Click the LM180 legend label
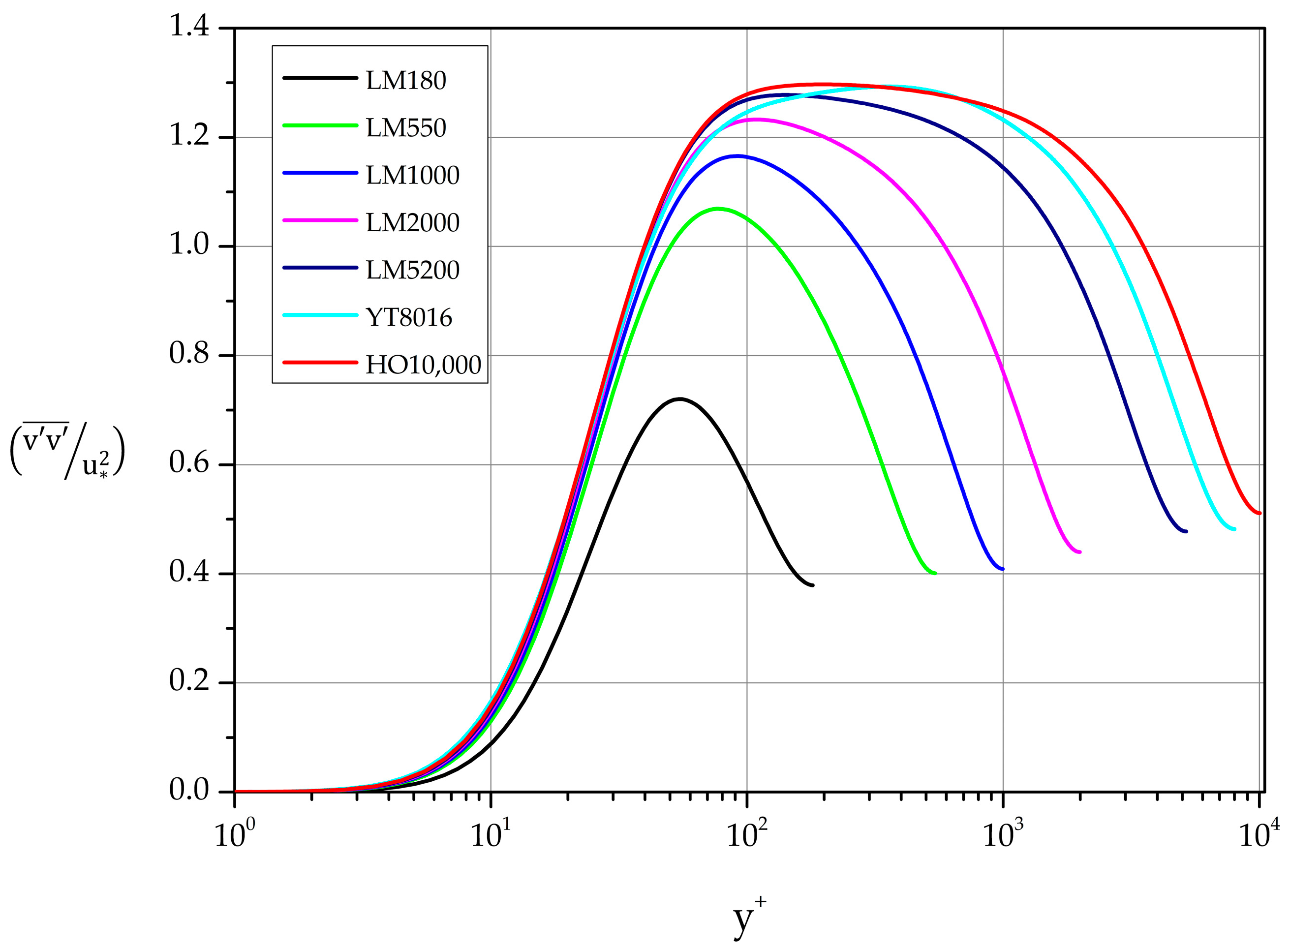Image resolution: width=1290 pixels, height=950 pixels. pos(405,81)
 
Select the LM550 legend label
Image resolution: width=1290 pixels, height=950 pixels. pos(405,127)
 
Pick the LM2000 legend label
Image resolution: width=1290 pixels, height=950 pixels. pos(412,222)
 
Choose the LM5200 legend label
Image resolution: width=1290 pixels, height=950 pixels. pos(412,270)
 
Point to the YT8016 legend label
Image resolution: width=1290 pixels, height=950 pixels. pos(409,317)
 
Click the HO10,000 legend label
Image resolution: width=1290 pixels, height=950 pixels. pos(423,365)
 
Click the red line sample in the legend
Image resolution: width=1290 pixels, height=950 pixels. pos(320,362)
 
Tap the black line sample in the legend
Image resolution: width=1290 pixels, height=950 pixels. pos(320,78)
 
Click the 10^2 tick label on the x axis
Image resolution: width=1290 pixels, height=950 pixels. pos(746,834)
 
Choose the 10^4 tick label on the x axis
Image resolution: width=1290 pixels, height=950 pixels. pos(1259,834)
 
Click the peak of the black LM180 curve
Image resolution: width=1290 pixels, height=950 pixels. pos(680,398)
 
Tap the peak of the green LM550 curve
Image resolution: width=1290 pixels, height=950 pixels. pos(717,208)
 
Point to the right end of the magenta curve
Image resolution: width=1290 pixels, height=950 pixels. pos(1079,552)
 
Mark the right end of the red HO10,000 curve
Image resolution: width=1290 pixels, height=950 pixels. pos(1259,513)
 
